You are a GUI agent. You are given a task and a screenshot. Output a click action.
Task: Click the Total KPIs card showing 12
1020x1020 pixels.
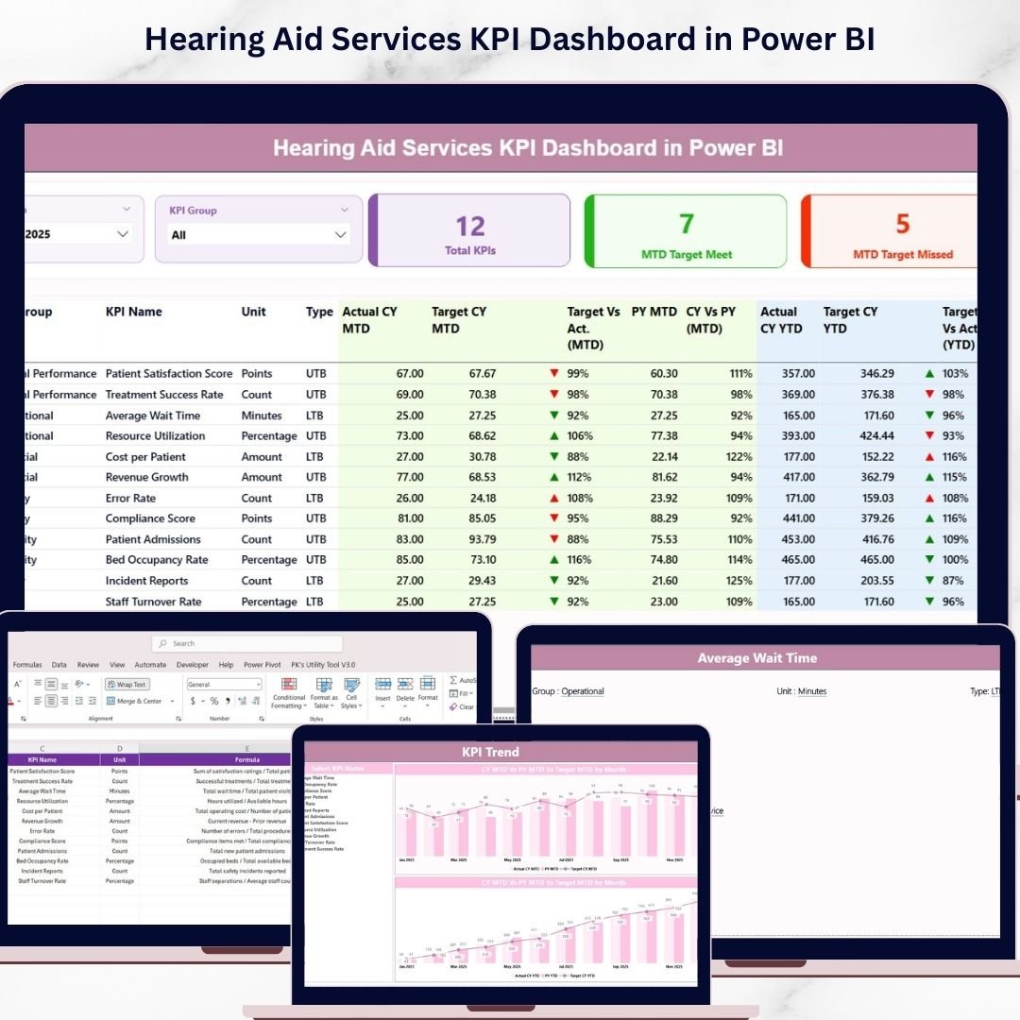pos(469,230)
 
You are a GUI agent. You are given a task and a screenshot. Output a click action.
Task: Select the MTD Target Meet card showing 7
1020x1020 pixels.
pos(687,230)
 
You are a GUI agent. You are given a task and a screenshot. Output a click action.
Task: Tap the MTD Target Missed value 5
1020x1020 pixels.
pos(903,224)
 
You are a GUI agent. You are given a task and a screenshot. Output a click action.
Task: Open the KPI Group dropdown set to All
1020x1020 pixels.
pos(259,234)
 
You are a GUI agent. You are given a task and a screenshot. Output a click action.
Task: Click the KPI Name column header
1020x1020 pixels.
pos(134,312)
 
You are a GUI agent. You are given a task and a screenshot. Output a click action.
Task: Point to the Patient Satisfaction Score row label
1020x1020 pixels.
pos(169,374)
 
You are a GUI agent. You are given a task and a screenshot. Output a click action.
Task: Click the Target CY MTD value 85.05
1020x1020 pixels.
pos(478,518)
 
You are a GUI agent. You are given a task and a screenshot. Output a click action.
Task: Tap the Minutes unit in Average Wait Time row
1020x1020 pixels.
pos(262,416)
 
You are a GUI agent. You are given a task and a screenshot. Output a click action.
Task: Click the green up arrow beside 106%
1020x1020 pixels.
pos(554,436)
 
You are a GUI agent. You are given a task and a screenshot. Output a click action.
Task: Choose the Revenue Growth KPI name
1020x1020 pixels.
pos(147,478)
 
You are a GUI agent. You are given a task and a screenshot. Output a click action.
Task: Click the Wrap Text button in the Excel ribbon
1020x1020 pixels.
pos(126,685)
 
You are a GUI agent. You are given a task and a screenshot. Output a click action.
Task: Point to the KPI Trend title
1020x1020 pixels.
pos(490,753)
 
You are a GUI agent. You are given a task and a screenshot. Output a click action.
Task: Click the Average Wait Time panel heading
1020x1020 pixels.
pos(757,658)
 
